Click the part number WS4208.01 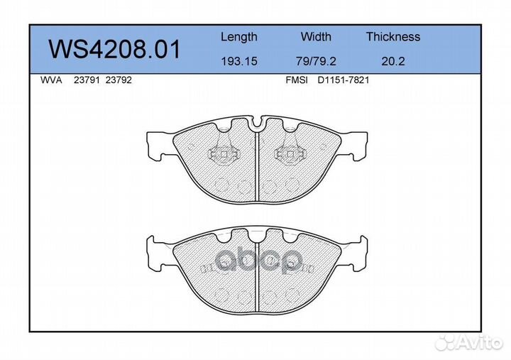coord(114,49)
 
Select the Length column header coord(239,37)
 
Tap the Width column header coord(316,36)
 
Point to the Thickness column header coord(393,36)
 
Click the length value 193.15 coord(239,61)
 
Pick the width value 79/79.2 coord(316,61)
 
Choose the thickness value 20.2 coord(393,61)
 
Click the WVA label coord(51,80)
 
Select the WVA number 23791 coord(87,80)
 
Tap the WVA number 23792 coord(119,80)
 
